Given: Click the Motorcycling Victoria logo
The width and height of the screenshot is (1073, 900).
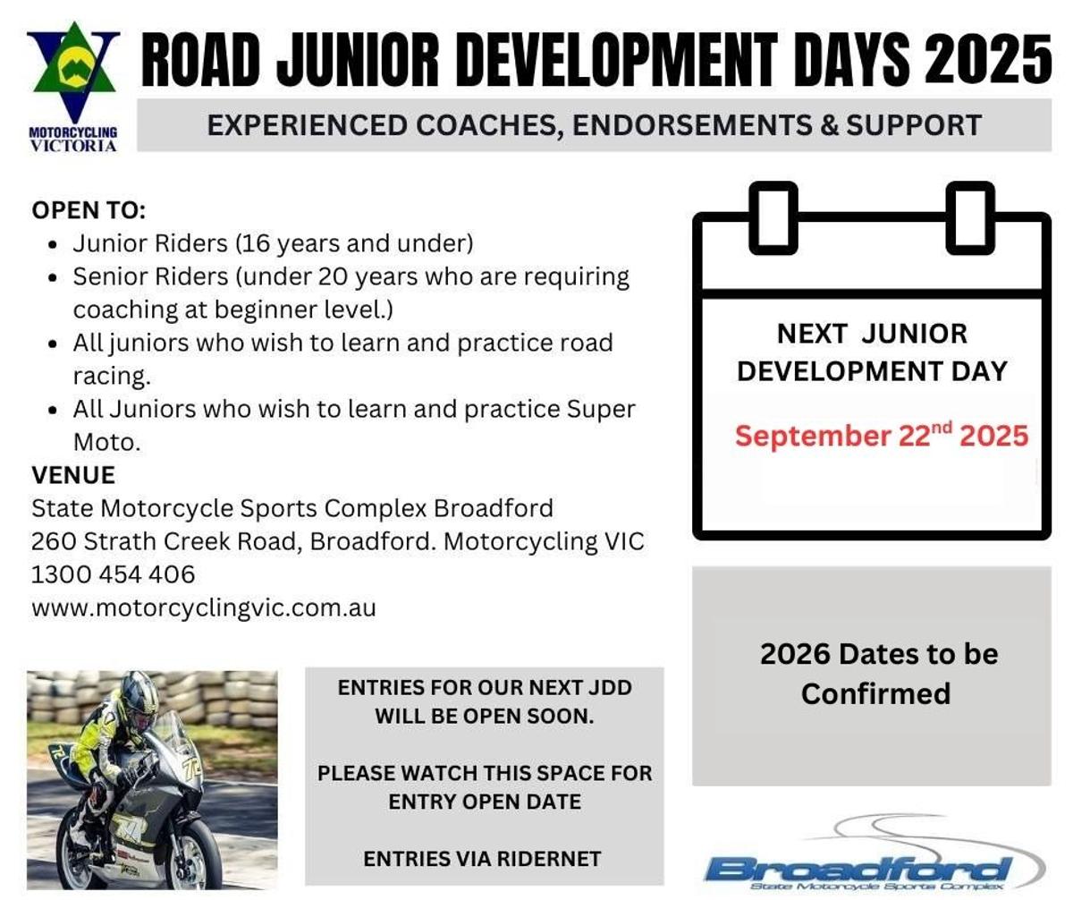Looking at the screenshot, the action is (x=73, y=87).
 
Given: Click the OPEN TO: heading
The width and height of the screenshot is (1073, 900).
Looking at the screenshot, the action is (x=89, y=210).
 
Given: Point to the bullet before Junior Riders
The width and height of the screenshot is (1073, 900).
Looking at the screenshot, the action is (x=52, y=245).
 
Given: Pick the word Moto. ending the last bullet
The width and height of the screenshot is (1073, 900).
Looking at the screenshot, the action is (x=107, y=442).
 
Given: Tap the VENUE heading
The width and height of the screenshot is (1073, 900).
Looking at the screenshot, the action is (x=73, y=475).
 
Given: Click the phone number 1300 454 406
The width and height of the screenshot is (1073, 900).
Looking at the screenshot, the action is (x=114, y=574).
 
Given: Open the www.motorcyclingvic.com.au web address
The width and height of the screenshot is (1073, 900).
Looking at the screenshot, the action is (x=204, y=607).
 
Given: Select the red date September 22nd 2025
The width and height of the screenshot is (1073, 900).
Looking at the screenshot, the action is (x=882, y=435).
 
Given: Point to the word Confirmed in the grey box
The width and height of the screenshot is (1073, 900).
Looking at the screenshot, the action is (x=875, y=693).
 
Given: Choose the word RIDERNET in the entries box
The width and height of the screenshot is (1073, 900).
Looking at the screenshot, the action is (x=549, y=859).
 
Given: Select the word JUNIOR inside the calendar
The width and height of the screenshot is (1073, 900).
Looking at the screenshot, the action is (x=914, y=334).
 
